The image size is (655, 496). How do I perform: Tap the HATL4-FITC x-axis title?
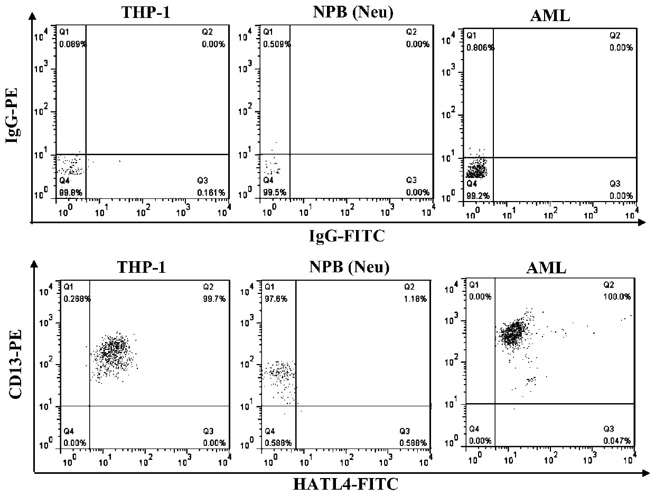(x=338, y=481)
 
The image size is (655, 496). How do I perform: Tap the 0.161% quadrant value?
(x=214, y=193)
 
